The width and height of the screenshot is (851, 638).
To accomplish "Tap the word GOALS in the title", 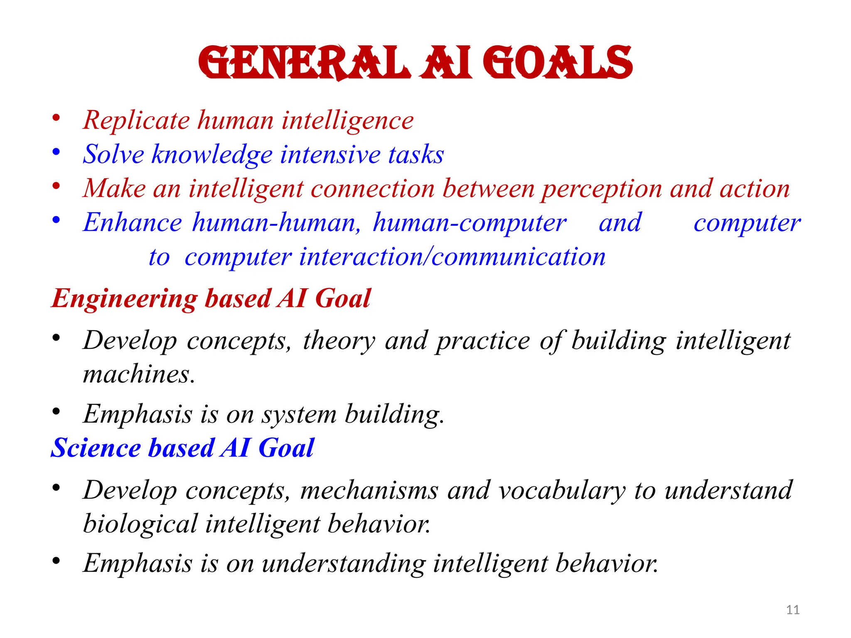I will (x=557, y=63).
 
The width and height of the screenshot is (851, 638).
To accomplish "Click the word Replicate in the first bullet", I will (x=136, y=121).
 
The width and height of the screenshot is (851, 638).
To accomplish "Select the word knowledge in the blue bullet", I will (x=212, y=155).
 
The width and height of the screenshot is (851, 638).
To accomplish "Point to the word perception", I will (x=602, y=189).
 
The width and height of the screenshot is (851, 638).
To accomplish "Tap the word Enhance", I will (x=132, y=223).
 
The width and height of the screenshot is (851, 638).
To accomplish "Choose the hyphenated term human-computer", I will (x=470, y=223).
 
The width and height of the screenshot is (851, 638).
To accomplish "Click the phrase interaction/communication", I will (x=452, y=258).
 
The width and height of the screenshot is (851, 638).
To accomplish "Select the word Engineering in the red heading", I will (x=124, y=299).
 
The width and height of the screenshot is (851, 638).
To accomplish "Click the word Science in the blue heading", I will (x=96, y=449).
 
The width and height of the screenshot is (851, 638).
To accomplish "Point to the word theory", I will (x=339, y=341).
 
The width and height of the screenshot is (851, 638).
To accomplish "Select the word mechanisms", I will (x=369, y=491).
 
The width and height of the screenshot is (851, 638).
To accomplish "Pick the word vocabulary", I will (x=562, y=491).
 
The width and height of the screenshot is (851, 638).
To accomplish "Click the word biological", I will (x=140, y=524).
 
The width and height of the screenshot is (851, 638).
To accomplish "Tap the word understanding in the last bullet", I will (x=343, y=564).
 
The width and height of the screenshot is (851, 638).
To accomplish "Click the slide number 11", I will (x=793, y=610).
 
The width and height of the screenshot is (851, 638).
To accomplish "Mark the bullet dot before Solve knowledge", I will (x=56, y=152).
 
